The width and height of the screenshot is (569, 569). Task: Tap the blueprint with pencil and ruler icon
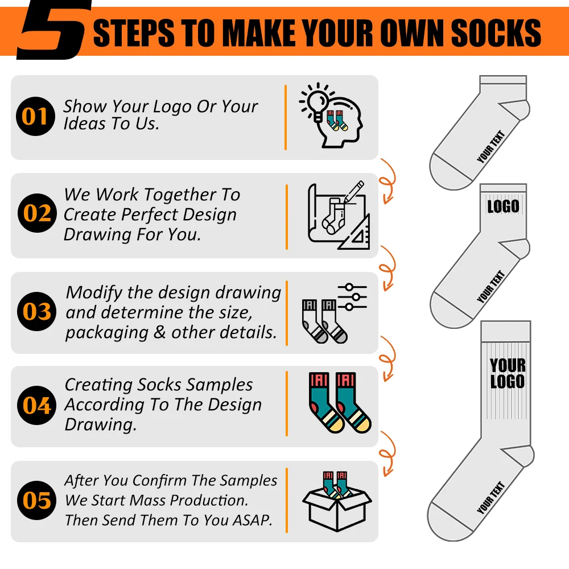coord(338,216)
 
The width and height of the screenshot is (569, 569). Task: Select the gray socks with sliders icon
coord(333,312)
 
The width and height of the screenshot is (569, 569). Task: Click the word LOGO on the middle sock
coord(503,205)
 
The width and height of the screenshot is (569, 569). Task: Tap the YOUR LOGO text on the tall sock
coord(507,373)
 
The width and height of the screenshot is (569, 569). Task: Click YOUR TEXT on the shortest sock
coord(491,147)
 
